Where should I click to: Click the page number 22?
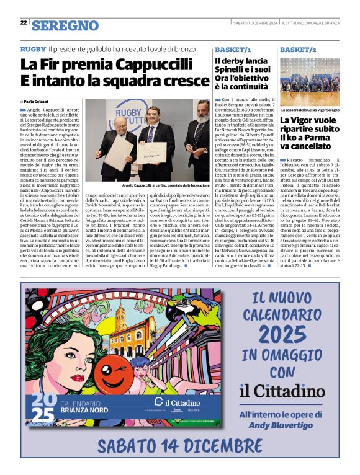24,22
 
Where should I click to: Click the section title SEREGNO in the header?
65,25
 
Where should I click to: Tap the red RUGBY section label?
33,48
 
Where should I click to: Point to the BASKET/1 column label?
233,49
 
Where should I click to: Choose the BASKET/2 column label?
298,49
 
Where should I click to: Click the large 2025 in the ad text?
282,334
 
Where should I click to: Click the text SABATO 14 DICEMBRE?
180,445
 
